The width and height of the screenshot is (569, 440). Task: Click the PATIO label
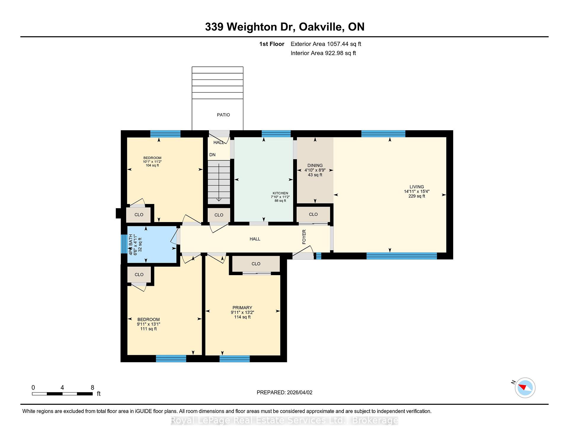click(223, 115)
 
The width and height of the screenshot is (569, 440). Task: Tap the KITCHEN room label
click(280, 193)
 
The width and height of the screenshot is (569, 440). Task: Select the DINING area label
click(315, 165)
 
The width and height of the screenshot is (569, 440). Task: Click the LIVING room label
click(416, 187)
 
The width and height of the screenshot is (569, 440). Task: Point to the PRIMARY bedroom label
click(242, 308)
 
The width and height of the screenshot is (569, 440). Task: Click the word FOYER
click(304, 237)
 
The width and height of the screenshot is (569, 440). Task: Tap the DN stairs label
click(212, 155)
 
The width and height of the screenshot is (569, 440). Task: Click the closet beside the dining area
click(313, 214)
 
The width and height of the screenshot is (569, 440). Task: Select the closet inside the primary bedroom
click(256, 264)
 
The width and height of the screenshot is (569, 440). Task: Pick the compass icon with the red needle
click(525, 388)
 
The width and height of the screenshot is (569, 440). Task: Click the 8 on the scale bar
click(92, 388)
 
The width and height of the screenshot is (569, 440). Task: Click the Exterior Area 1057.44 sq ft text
click(326, 44)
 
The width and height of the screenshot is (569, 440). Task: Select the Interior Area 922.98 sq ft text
click(323, 53)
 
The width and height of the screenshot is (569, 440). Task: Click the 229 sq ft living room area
click(416, 196)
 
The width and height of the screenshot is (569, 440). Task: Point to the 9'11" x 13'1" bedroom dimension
click(148, 324)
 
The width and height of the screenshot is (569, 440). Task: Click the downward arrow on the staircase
click(219, 199)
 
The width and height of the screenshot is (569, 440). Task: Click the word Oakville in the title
click(322, 27)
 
